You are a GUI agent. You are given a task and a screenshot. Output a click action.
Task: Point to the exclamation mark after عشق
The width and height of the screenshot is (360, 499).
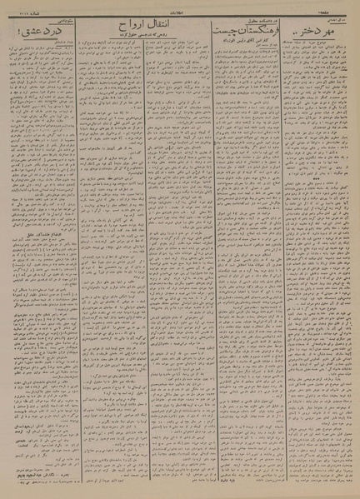pyautogui.click(x=17, y=32)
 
